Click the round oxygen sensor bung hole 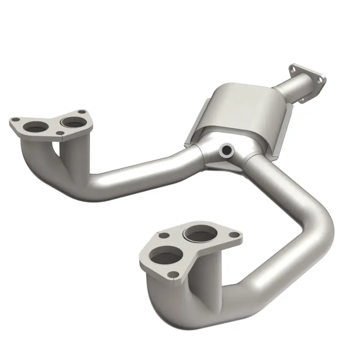click(x=227, y=149)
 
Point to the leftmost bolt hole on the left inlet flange click(x=15, y=120)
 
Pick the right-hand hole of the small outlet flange click(x=320, y=80)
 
